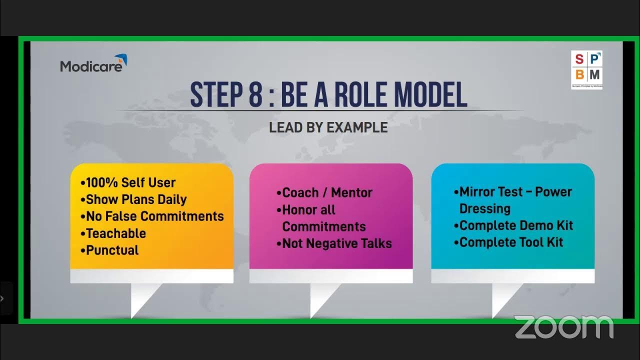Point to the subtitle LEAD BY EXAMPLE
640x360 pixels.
328,127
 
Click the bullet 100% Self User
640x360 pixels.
130,182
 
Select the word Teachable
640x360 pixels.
116,233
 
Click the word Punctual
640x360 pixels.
112,250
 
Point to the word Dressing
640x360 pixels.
485,208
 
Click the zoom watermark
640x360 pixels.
564,327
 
